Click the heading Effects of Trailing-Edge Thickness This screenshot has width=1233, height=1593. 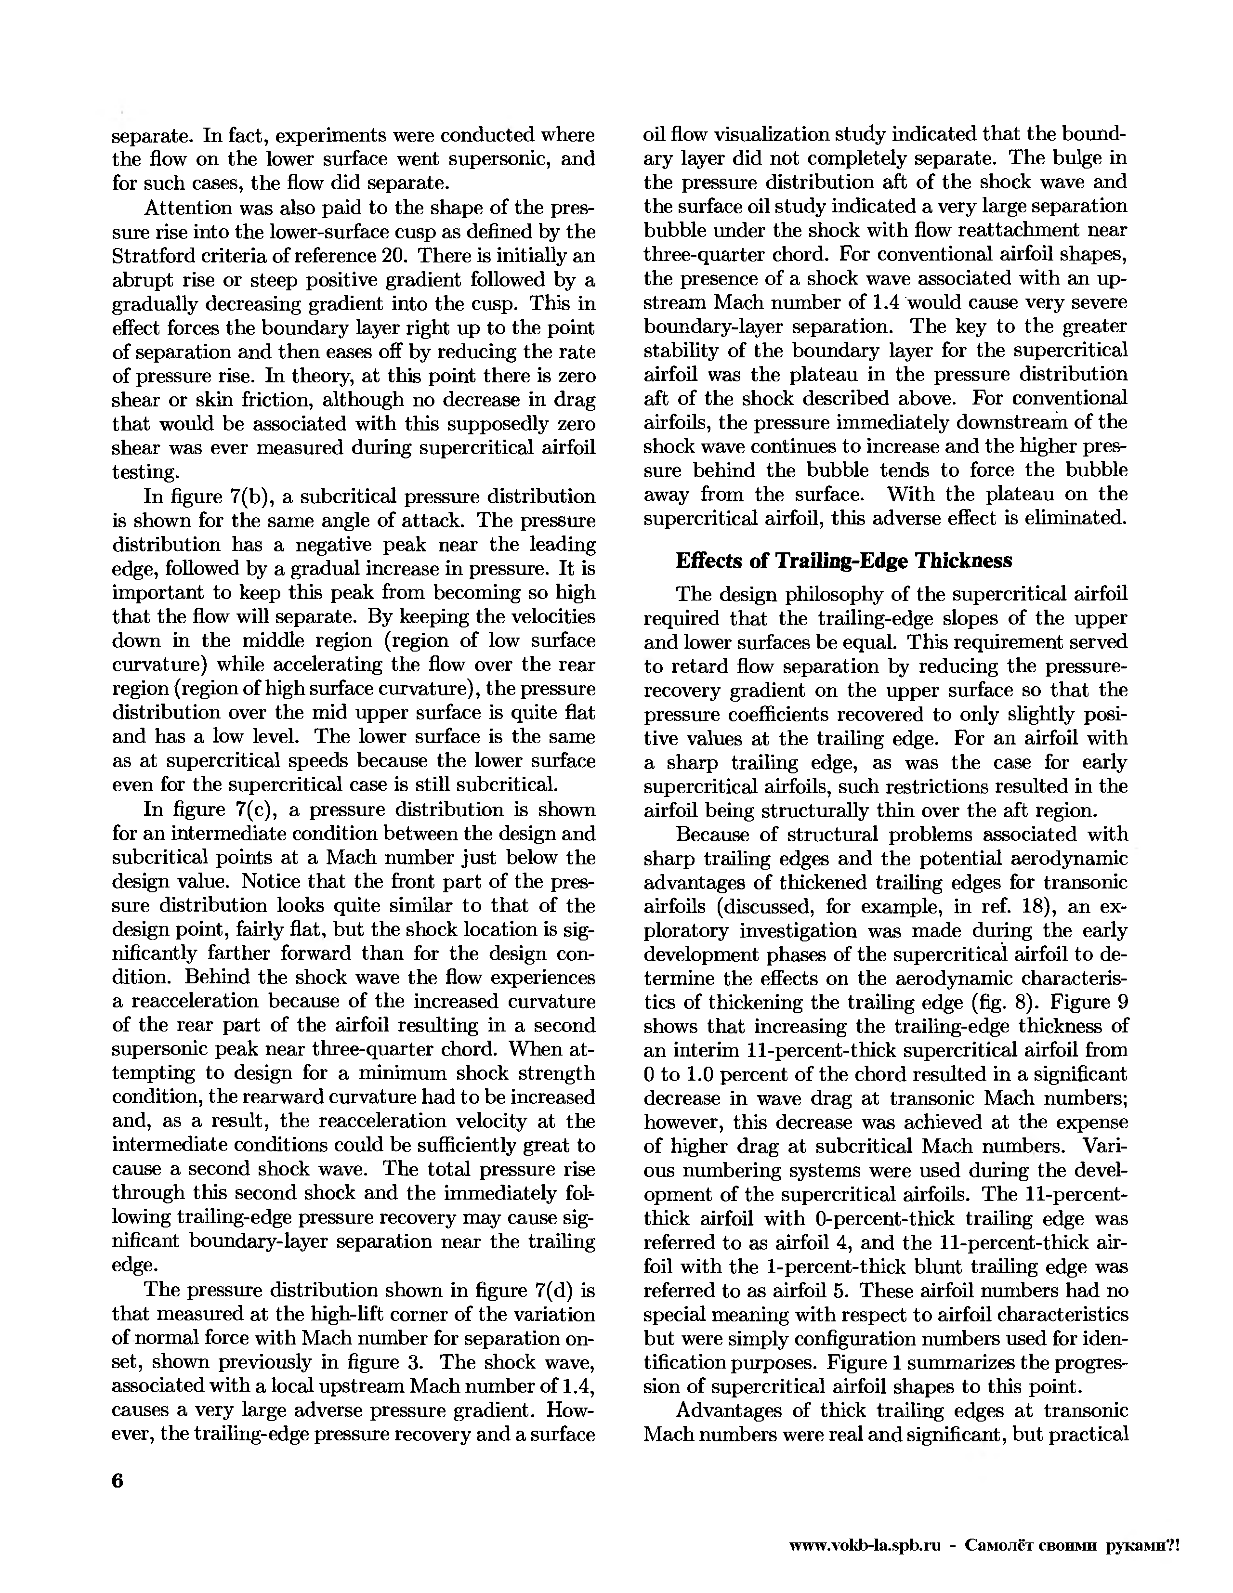click(x=844, y=560)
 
